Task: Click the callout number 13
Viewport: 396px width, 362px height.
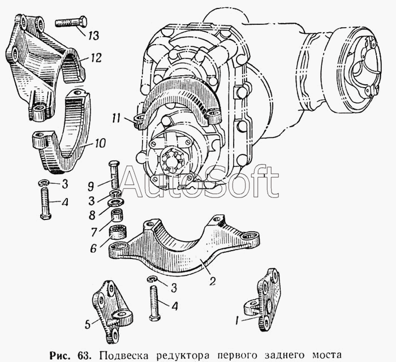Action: pos(93,36)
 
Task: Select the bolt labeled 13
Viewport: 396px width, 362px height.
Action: pos(71,23)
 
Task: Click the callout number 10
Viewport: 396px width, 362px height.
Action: pos(100,144)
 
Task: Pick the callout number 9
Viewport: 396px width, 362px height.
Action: pos(91,187)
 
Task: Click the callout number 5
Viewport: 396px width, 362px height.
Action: pos(87,325)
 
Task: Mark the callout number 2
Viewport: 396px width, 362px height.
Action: pos(212,281)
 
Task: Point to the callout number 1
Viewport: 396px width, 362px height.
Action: pos(237,321)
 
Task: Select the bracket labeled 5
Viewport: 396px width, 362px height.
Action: pos(110,311)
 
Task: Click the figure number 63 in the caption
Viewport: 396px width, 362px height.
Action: pos(83,355)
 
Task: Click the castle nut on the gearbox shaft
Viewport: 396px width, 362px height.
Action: pos(173,161)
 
